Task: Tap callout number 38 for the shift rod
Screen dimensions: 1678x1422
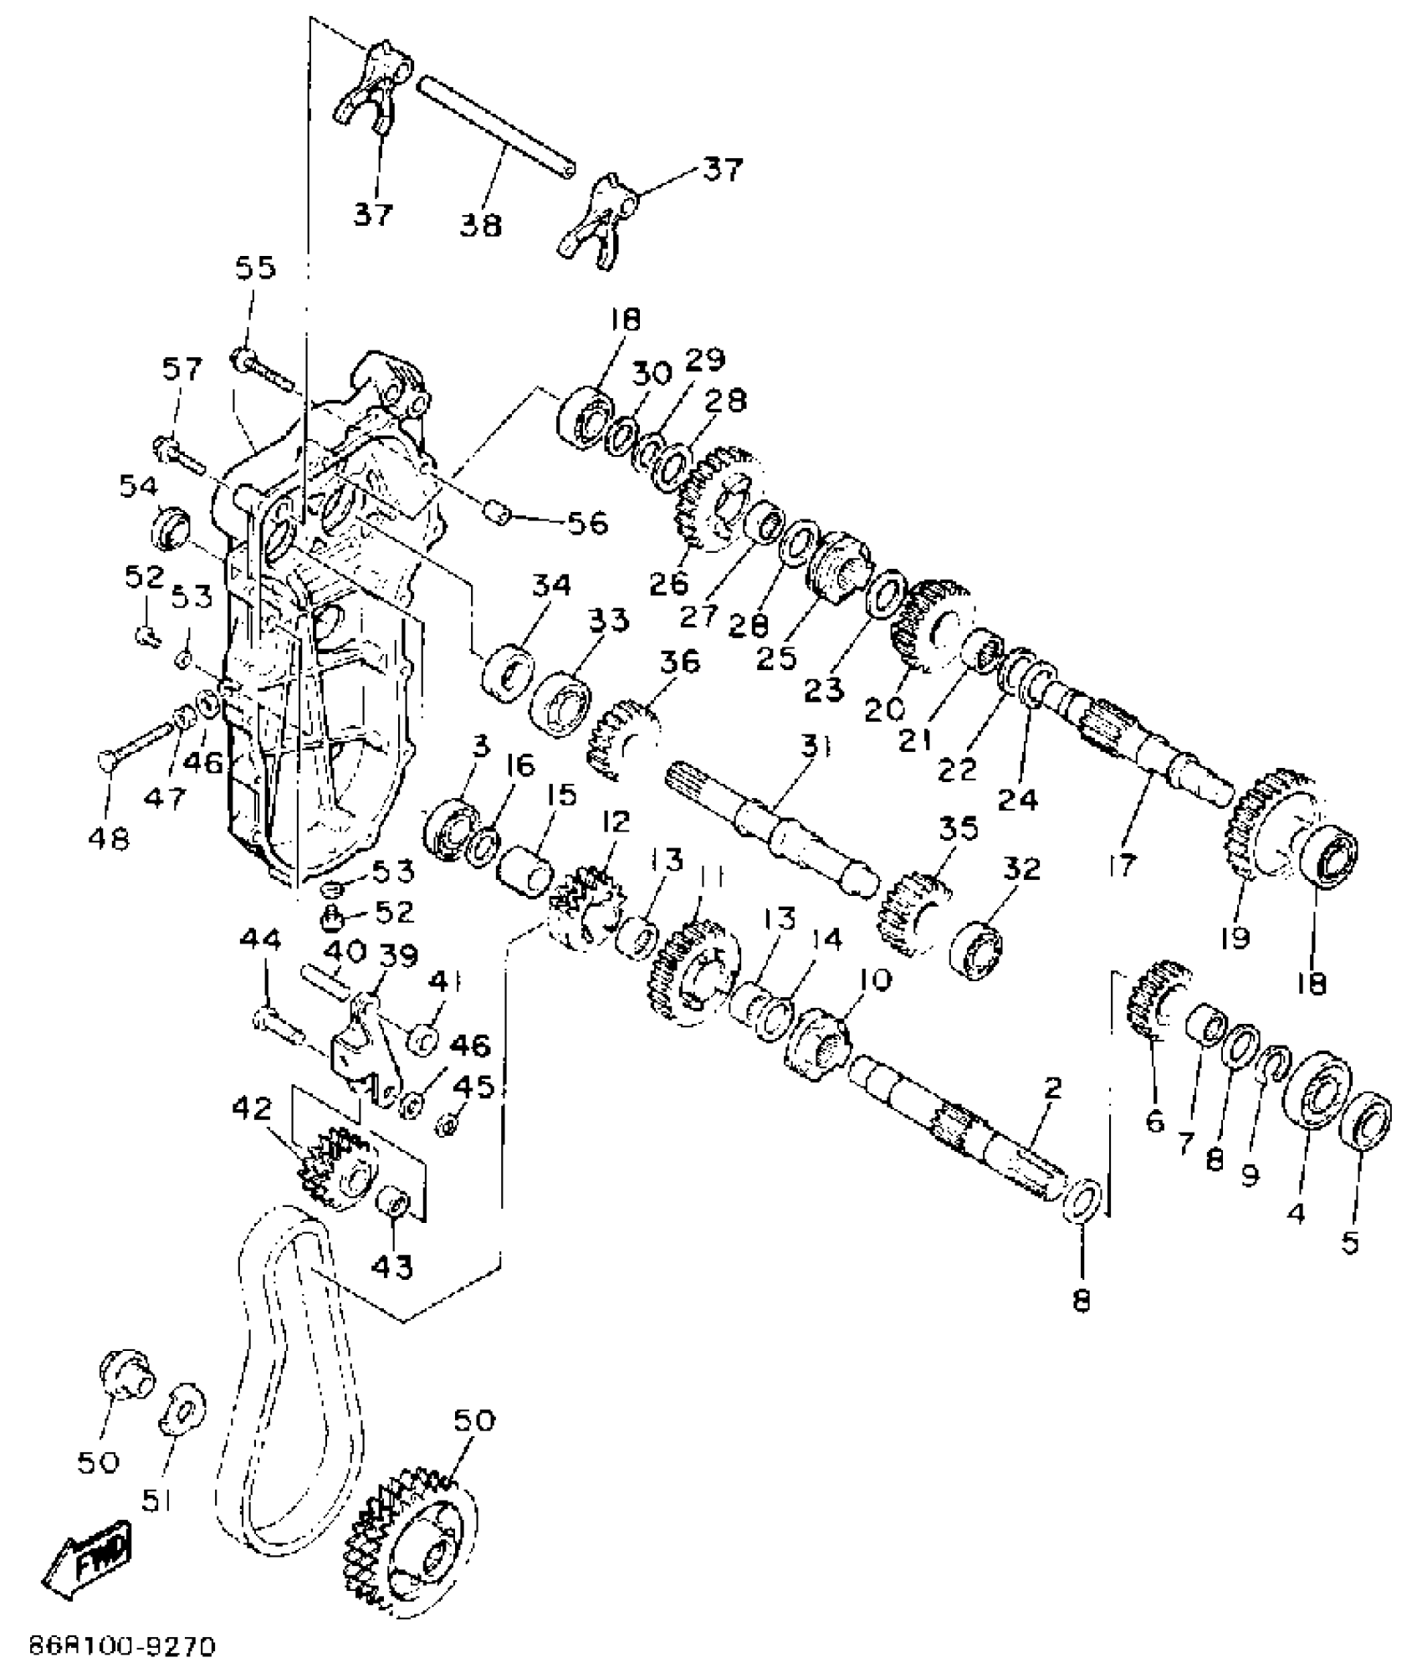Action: pos(480,224)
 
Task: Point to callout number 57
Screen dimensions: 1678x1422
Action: pos(182,369)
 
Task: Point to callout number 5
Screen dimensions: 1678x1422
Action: pos(1351,1243)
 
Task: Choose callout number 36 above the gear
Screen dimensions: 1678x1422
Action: pos(678,663)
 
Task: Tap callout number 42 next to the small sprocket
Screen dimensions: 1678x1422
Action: pos(252,1109)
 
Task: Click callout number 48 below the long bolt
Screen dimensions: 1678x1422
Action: pos(109,837)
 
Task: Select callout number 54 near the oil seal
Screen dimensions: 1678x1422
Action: pos(138,487)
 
